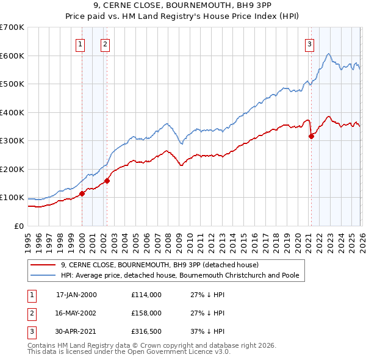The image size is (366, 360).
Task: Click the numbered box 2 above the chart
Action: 106,43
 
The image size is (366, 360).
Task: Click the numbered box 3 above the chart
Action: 310,43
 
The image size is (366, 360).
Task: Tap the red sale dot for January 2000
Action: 82,194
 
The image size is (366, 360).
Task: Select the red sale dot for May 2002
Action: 107,181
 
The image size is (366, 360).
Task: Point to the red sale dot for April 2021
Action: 311,136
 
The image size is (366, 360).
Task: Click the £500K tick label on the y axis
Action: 13,84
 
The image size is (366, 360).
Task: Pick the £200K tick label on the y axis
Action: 13,169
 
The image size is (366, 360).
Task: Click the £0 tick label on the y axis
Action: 18,226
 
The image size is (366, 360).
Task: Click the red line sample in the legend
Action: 43,265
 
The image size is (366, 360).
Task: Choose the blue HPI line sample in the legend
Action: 43,275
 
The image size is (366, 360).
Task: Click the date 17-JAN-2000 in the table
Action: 76,295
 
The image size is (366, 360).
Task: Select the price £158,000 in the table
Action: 146,313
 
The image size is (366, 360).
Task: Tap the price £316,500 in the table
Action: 146,331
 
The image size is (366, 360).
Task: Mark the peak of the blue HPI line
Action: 328,54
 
